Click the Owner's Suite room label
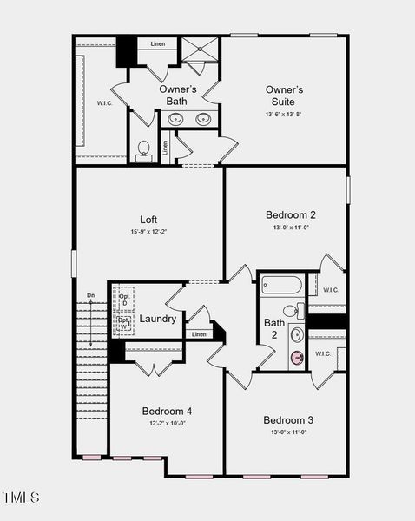click(x=284, y=96)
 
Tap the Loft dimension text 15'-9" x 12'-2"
click(x=148, y=232)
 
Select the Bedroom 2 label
click(x=290, y=214)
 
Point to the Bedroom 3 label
click(x=289, y=419)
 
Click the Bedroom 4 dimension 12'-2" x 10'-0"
click(x=167, y=424)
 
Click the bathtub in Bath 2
click(x=280, y=285)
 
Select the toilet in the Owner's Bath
click(x=144, y=149)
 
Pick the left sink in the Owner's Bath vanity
click(x=175, y=120)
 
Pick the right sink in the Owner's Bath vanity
click(x=204, y=120)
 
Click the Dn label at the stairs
click(x=90, y=296)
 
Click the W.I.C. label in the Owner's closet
click(x=105, y=103)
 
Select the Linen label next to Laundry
click(x=199, y=334)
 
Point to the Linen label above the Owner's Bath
click(x=158, y=43)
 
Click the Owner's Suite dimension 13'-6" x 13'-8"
click(x=284, y=114)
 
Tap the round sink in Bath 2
click(x=297, y=334)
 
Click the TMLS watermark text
click(x=21, y=498)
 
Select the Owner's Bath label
click(x=177, y=96)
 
